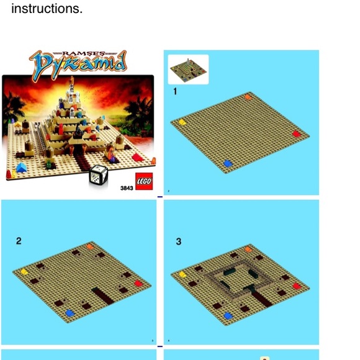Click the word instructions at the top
pyautogui.click(x=47, y=9)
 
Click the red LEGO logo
pyautogui.click(x=144, y=181)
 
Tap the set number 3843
pyautogui.click(x=127, y=188)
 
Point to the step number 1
pyautogui.click(x=175, y=91)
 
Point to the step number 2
pyautogui.click(x=19, y=241)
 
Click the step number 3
pyautogui.click(x=179, y=241)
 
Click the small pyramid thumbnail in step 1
pyautogui.click(x=188, y=70)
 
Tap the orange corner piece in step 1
pyautogui.click(x=248, y=97)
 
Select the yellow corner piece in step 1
pyautogui.click(x=182, y=122)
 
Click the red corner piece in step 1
pyautogui.click(x=297, y=133)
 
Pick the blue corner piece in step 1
pyautogui.click(x=228, y=163)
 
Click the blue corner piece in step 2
pyautogui.click(x=70, y=313)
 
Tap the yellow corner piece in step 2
pyautogui.click(x=24, y=272)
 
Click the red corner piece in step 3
pyautogui.click(x=297, y=286)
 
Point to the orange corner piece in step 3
pyautogui.click(x=248, y=249)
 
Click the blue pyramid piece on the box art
pyautogui.click(x=21, y=168)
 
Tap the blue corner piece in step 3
pyautogui.click(x=228, y=316)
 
